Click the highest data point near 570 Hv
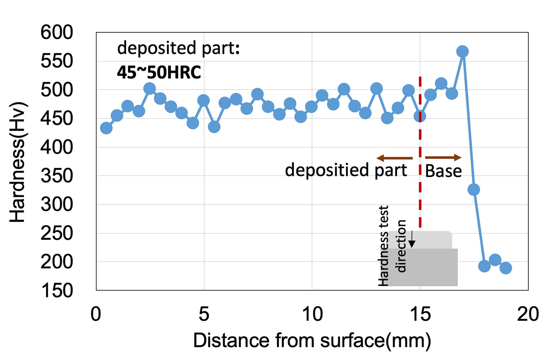tap(462, 51)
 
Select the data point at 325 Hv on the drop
tap(473, 190)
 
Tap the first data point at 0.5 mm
tap(106, 128)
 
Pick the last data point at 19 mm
tap(506, 268)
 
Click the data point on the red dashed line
tap(420, 116)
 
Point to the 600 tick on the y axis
tap(57, 32)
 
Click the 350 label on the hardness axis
tap(57, 176)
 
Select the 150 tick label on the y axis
tap(57, 291)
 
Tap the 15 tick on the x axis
tap(420, 314)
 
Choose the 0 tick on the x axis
tap(96, 314)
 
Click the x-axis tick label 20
tap(528, 314)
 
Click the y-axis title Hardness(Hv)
tap(18, 162)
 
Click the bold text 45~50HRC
tap(159, 73)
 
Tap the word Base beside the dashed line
tap(443, 171)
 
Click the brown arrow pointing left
tap(394, 158)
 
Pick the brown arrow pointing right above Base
tap(443, 158)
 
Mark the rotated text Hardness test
tap(383, 245)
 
